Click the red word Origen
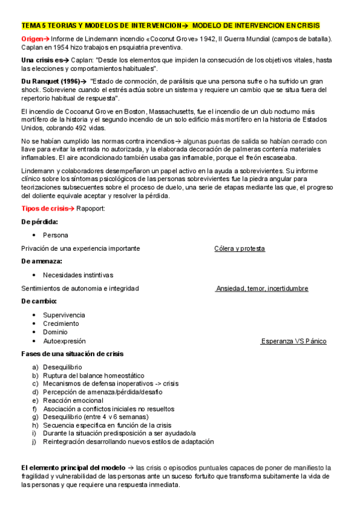(32, 39)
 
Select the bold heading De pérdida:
(39, 221)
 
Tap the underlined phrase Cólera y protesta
(239, 248)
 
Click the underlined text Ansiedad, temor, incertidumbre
(262, 289)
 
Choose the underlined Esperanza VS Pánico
(294, 341)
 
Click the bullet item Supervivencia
(64, 315)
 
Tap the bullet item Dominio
(55, 332)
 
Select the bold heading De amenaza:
(41, 261)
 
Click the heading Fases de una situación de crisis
(72, 353)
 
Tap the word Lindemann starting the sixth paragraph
(38, 171)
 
